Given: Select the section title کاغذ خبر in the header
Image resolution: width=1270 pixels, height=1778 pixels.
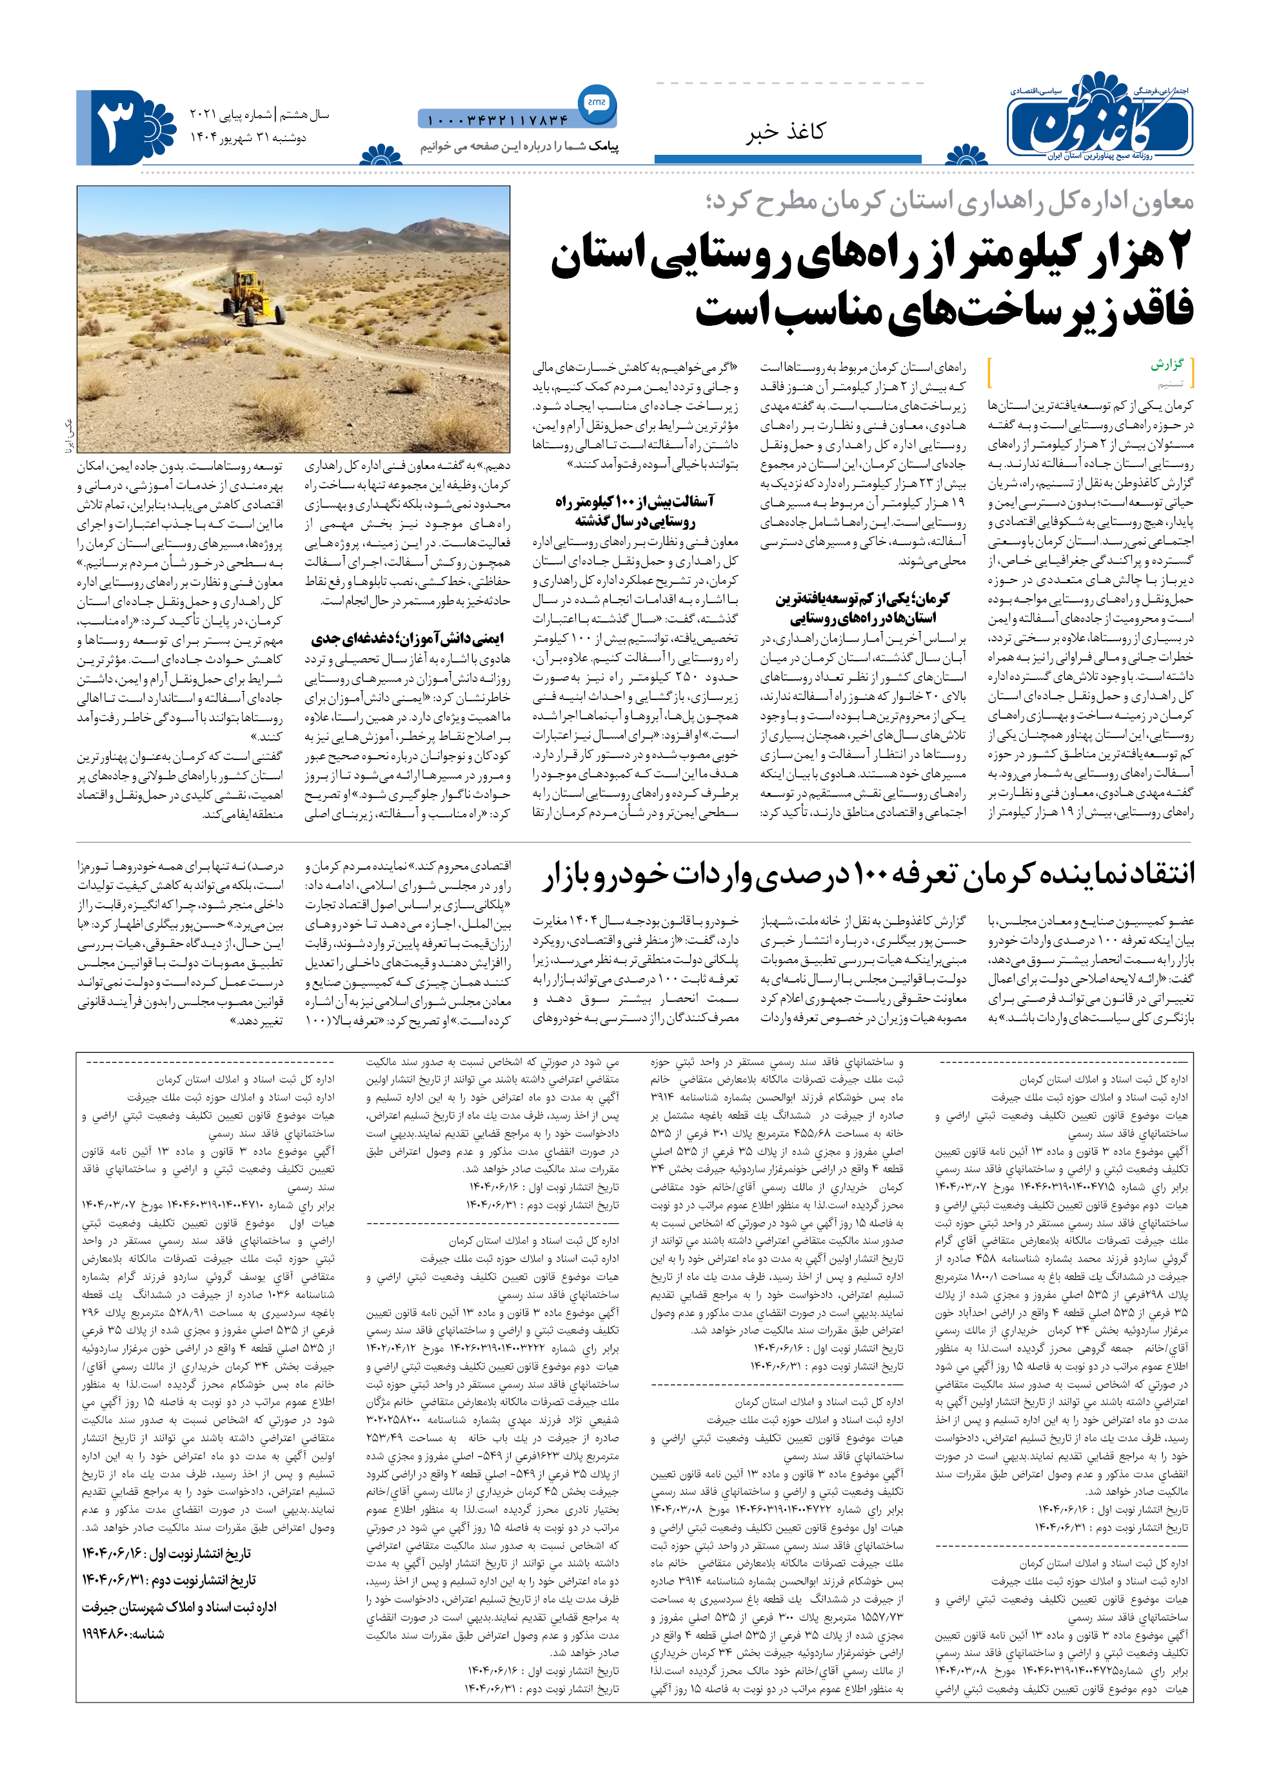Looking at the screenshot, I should [x=784, y=132].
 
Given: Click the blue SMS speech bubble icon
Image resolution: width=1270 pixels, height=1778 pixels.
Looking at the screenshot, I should [x=597, y=103].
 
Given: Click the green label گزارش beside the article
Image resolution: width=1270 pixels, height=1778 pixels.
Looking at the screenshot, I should [x=1167, y=365].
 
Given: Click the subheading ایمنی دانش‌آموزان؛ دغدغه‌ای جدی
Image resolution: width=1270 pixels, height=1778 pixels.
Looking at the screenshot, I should [x=408, y=638].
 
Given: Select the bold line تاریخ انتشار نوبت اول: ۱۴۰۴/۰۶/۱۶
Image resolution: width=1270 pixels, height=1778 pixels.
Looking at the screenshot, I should [x=166, y=1553].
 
